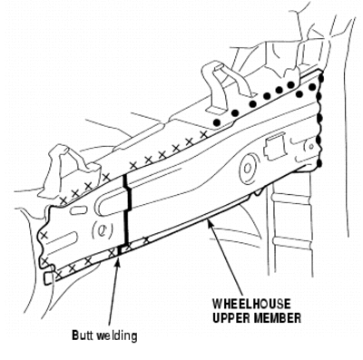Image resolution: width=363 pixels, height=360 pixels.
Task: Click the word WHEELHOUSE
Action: (251, 304)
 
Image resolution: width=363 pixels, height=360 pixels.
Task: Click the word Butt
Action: (83, 336)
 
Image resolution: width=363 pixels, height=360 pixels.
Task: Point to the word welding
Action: (117, 336)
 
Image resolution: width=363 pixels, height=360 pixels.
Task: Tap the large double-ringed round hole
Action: (249, 169)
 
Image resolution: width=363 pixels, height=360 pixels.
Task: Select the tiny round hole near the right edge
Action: (311, 146)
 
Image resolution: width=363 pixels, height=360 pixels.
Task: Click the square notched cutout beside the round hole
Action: (275, 148)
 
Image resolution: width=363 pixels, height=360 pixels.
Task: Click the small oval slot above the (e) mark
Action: (78, 210)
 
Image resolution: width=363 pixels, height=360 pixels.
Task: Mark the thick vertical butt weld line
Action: (126, 210)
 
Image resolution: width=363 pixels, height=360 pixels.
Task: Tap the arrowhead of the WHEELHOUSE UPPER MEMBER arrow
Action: (209, 224)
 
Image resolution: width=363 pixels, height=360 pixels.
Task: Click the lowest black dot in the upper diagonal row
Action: (217, 122)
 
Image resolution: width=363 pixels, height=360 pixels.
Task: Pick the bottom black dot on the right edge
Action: (319, 163)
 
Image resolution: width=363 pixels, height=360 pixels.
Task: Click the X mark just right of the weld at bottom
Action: (129, 246)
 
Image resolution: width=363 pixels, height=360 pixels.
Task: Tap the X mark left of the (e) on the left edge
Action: (44, 235)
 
